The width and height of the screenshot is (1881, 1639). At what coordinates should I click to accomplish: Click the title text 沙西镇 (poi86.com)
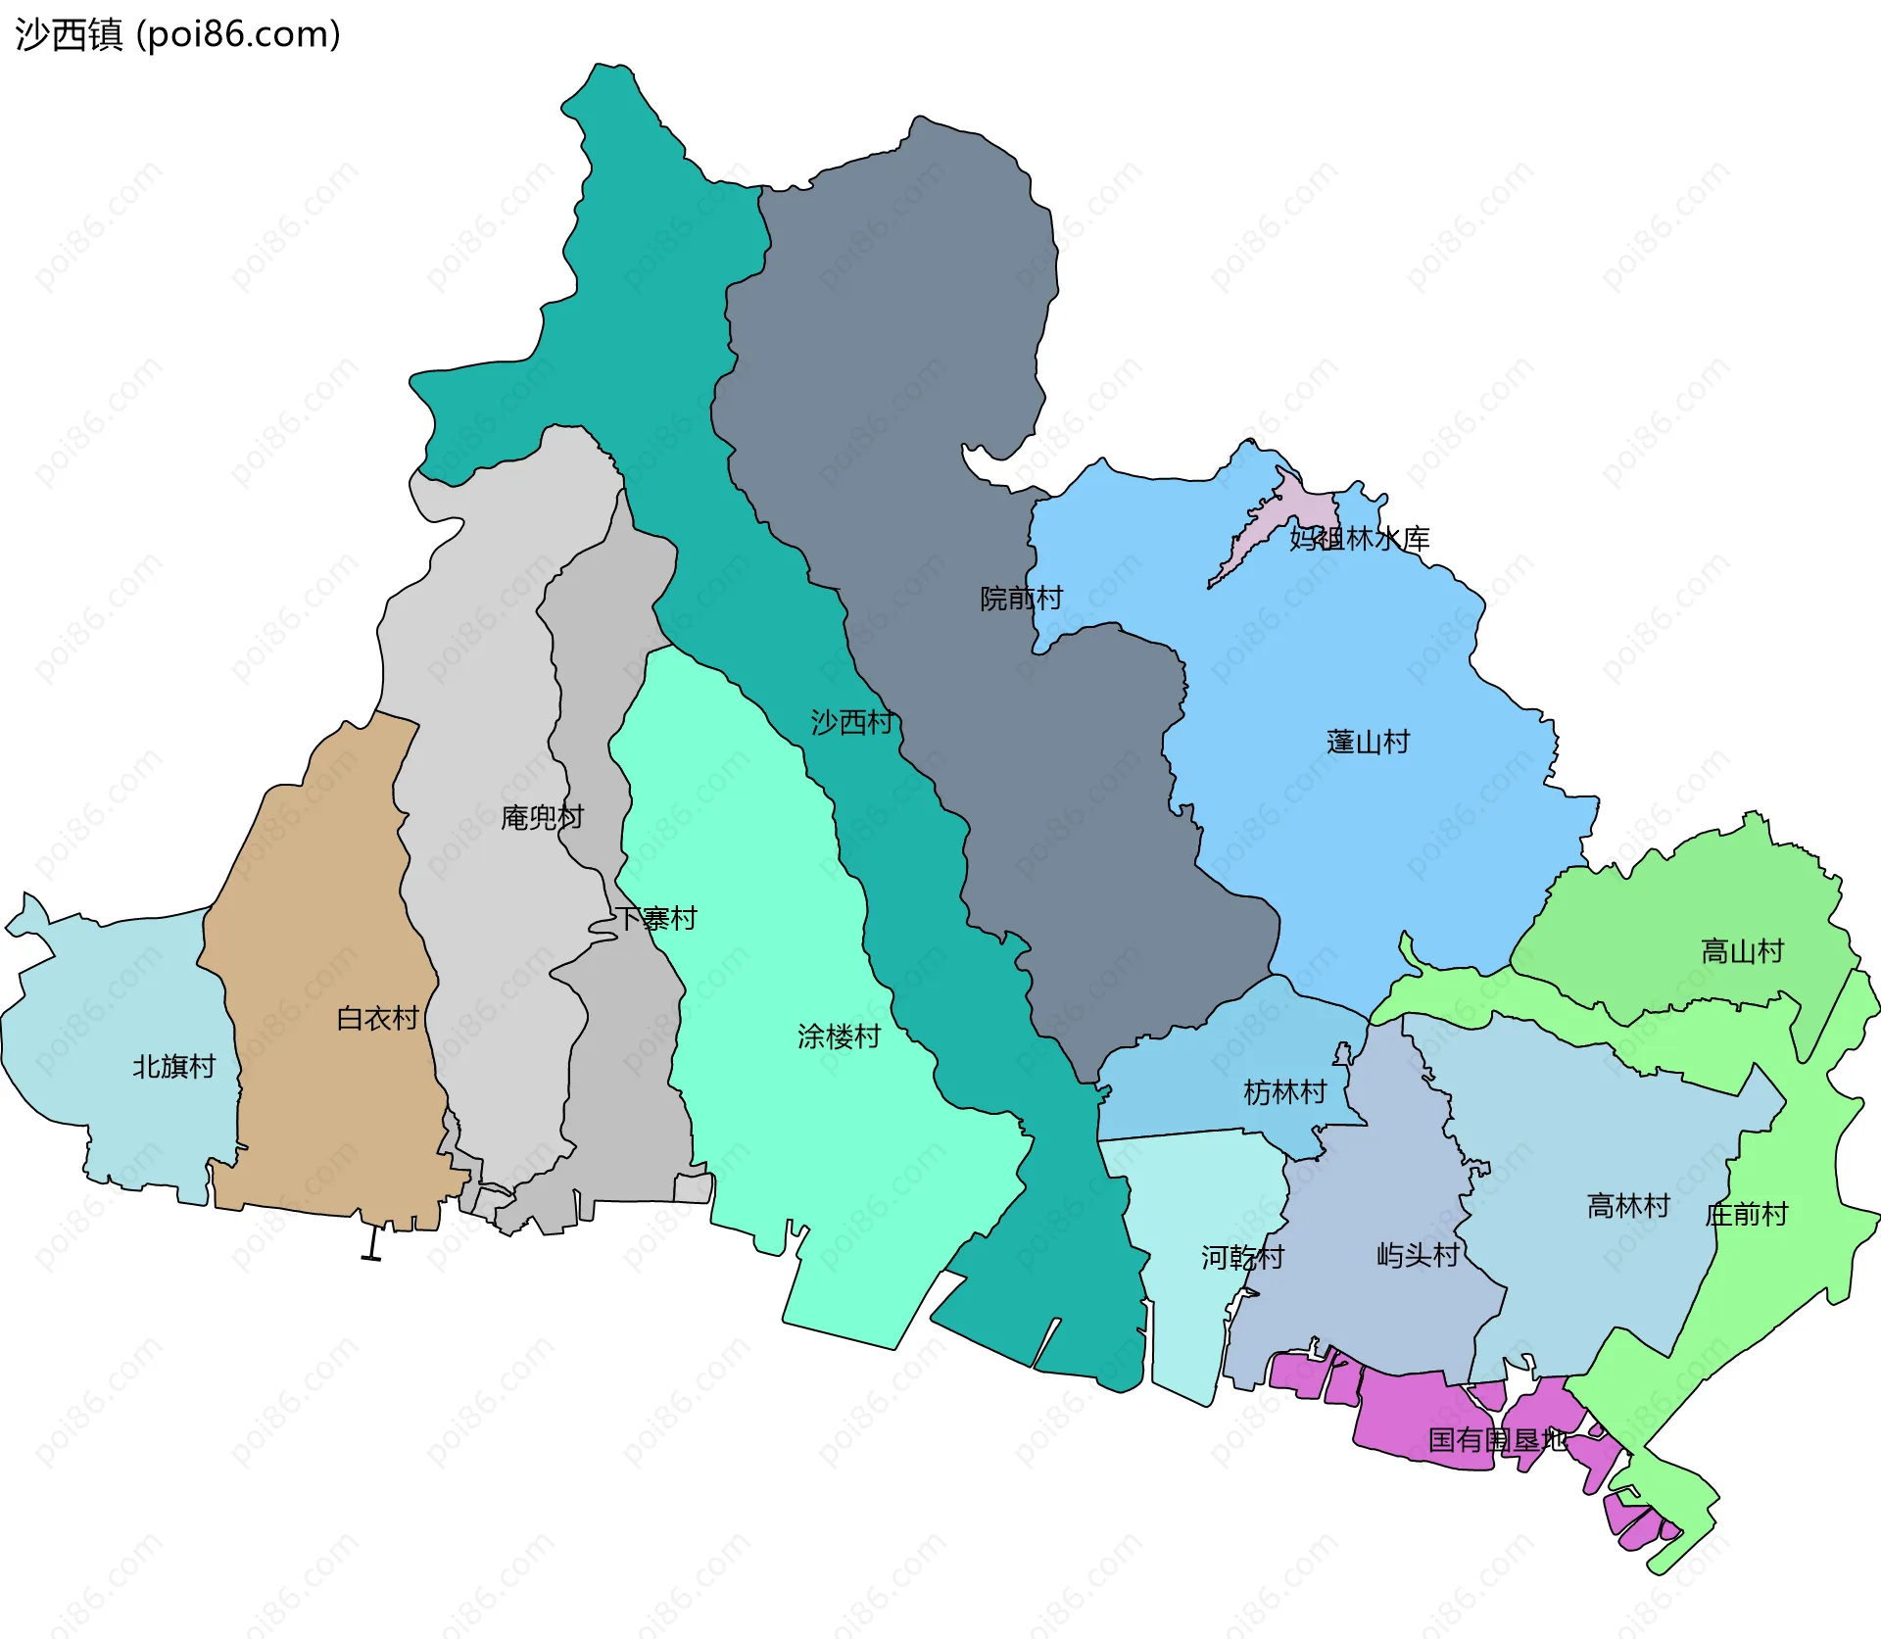click(x=177, y=34)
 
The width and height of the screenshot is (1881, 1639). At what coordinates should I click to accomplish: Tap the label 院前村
click(x=1021, y=598)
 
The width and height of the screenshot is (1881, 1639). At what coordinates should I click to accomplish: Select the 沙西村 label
click(x=851, y=722)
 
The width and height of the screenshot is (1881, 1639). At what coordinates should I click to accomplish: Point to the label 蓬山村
click(x=1368, y=742)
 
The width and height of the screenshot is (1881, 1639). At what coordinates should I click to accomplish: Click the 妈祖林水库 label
click(x=1359, y=538)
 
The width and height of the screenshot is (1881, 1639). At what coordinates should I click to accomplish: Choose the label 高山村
click(x=1742, y=950)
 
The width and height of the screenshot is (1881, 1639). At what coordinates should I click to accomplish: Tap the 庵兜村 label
click(x=542, y=816)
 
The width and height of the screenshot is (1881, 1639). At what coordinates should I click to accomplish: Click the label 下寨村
click(x=655, y=918)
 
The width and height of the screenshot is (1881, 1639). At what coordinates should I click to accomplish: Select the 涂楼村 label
click(x=839, y=1036)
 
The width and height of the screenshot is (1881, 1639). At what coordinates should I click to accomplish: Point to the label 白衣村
click(x=377, y=1018)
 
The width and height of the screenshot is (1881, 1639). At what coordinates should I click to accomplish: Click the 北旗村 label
click(x=173, y=1066)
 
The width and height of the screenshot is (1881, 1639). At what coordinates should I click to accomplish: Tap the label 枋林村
click(x=1284, y=1091)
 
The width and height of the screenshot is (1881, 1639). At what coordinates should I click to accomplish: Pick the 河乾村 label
click(x=1242, y=1257)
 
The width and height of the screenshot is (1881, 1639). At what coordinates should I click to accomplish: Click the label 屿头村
click(x=1418, y=1254)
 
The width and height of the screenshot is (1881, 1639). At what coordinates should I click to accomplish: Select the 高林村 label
click(x=1628, y=1205)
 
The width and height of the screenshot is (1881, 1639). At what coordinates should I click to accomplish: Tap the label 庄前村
click(x=1746, y=1214)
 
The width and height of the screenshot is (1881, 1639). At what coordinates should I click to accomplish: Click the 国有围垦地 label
click(x=1497, y=1439)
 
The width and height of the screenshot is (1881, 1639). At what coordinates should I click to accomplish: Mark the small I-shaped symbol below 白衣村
click(x=371, y=1245)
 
